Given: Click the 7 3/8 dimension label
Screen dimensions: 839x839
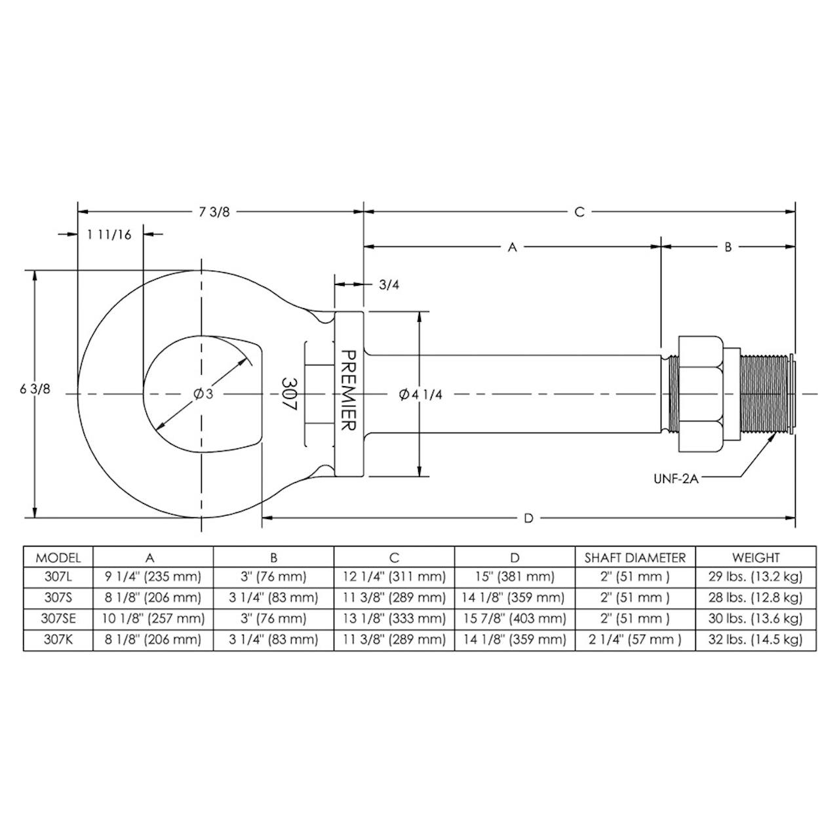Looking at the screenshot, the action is click(214, 212).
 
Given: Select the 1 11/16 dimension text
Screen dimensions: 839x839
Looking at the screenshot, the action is click(109, 235).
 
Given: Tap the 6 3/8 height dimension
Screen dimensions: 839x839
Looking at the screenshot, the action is click(35, 389).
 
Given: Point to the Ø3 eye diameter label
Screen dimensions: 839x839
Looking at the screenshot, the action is click(204, 394).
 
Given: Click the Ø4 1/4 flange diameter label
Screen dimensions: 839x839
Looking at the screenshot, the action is click(421, 395).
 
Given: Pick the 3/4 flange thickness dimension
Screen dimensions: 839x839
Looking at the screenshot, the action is click(389, 285).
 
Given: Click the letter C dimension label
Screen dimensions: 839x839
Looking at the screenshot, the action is click(579, 212).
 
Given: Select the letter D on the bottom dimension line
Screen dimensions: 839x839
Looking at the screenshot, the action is click(528, 518).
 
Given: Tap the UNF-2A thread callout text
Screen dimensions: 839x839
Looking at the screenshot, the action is click(676, 479).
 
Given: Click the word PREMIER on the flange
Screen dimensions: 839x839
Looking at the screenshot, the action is click(348, 390).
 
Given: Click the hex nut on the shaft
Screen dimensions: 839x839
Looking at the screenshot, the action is click(701, 394).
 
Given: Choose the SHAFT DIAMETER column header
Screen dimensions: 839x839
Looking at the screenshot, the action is click(635, 558).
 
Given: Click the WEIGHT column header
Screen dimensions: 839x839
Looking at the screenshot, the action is click(756, 558).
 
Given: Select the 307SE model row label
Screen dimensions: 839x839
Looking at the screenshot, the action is click(58, 619).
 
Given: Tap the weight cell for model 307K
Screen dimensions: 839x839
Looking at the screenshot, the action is click(755, 640).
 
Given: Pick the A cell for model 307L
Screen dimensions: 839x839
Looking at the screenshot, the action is click(153, 577).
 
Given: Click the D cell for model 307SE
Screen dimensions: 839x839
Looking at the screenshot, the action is click(514, 619).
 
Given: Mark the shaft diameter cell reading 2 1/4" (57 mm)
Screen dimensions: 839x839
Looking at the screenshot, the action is click(635, 640).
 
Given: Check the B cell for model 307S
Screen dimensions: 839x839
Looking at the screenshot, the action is click(273, 598).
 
